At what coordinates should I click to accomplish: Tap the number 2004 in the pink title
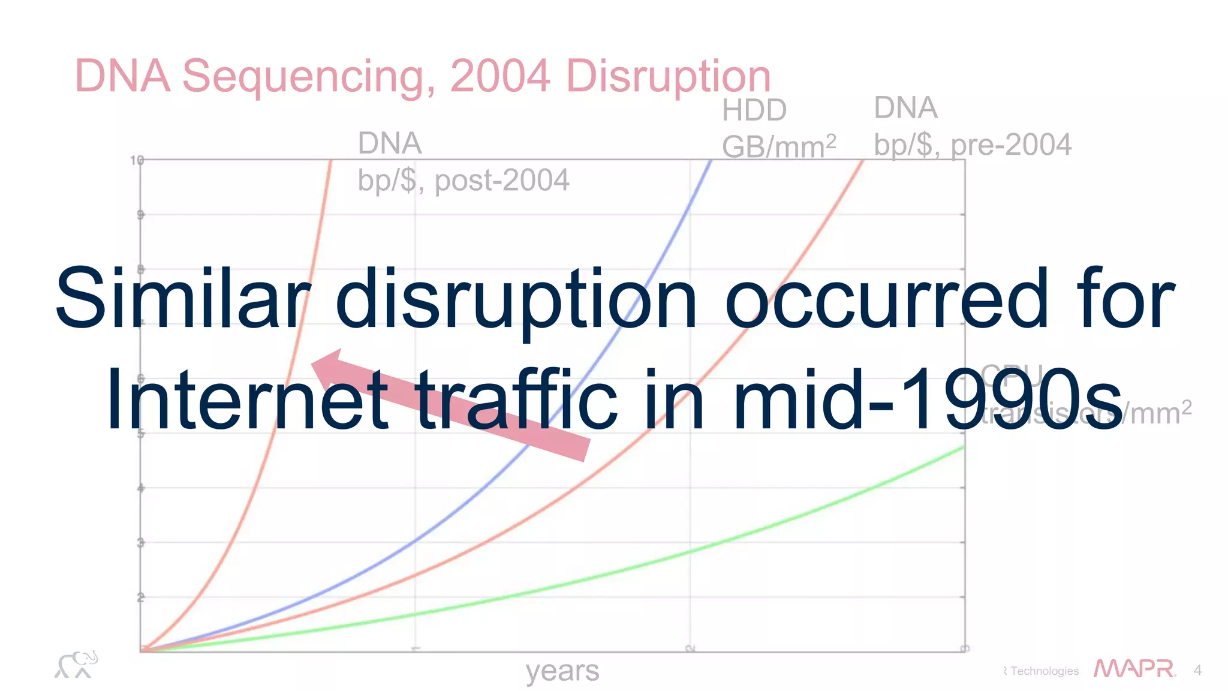[499, 76]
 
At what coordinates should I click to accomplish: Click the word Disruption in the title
[668, 77]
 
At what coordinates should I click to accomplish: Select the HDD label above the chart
[754, 110]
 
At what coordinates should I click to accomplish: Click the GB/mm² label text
[778, 146]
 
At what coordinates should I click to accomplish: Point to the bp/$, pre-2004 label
[972, 145]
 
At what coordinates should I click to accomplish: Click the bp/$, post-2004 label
[463, 180]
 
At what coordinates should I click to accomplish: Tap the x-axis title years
[562, 671]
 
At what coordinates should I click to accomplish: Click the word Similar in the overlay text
[183, 298]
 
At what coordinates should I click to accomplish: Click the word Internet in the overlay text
[248, 400]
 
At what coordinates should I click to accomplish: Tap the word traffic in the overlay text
[516, 400]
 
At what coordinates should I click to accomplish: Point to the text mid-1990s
[926, 400]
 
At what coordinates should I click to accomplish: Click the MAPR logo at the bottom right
[1134, 669]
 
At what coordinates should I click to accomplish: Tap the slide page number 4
[1197, 670]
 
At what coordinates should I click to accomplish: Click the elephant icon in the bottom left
[76, 665]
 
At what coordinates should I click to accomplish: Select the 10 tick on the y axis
[137, 160]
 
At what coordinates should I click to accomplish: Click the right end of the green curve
[962, 447]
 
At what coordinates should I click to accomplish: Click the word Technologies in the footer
[1044, 671]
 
